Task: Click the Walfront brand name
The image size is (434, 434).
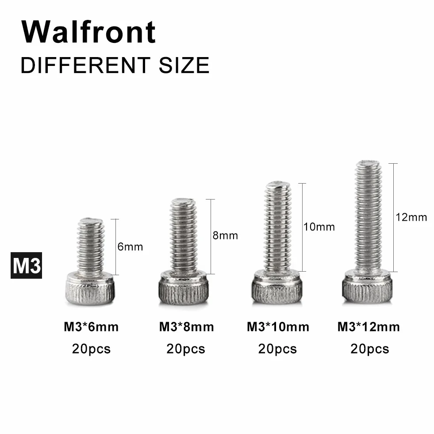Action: coord(88,32)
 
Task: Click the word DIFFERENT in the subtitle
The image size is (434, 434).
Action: coord(85,65)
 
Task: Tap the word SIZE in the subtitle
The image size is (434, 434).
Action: coord(184,65)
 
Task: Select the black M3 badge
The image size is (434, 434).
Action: coord(26,265)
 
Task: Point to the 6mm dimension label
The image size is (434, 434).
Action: coord(130,246)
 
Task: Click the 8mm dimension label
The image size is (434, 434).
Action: coord(225,235)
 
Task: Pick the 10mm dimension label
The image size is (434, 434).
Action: coord(319,227)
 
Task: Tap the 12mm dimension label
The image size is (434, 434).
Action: coord(411,217)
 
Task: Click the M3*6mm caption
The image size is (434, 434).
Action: coord(91,327)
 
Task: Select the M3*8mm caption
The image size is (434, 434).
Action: coord(187,327)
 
